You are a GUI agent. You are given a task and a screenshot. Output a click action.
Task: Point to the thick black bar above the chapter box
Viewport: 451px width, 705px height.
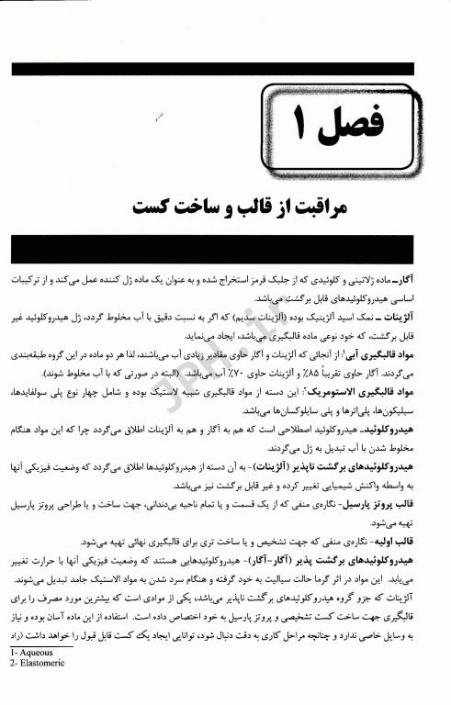pos(226,70)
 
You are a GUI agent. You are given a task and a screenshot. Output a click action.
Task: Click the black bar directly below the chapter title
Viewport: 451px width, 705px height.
pos(226,248)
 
